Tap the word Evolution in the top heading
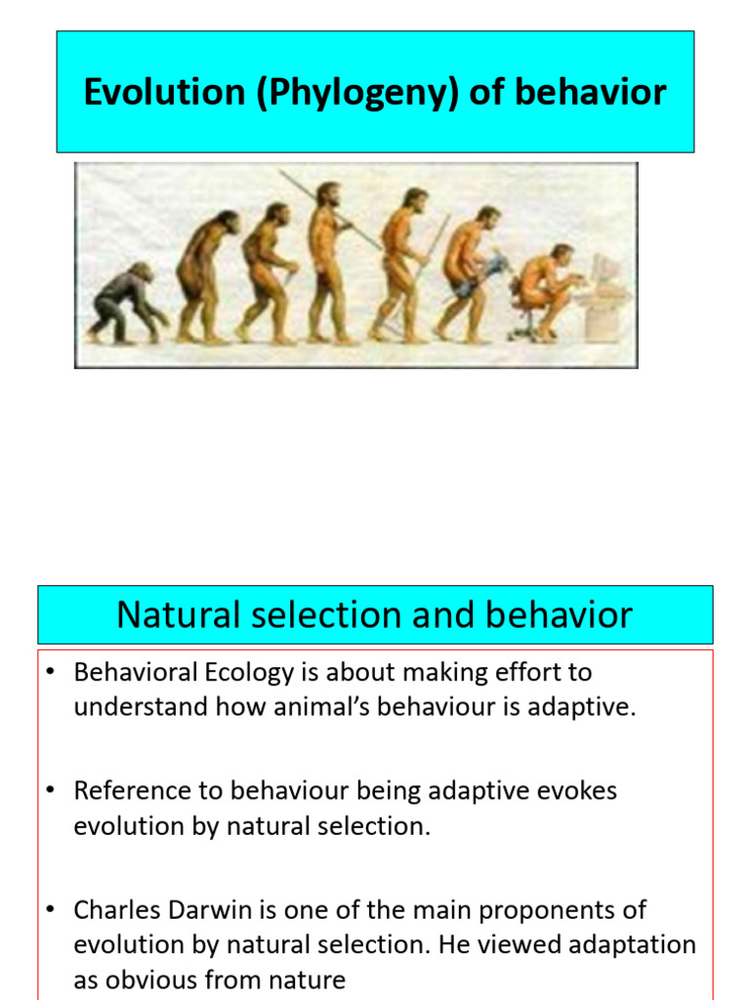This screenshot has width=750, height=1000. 164,92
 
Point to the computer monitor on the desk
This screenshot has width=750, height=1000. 605,271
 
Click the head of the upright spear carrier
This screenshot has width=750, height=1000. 328,194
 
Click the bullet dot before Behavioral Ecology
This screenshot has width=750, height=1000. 51,672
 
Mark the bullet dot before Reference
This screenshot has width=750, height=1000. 51,790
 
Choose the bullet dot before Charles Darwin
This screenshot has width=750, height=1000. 51,909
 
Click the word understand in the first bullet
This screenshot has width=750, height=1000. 141,707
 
